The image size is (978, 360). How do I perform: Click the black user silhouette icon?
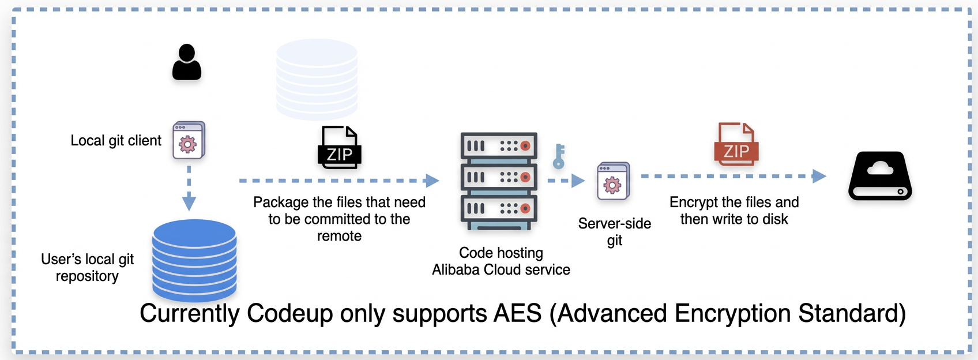pos(187,62)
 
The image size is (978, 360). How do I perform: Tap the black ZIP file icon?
pos(339,147)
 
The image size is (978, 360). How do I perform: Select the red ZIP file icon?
pos(736,144)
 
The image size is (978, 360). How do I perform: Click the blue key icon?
pos(559,156)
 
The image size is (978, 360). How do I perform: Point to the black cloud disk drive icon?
pos(880,176)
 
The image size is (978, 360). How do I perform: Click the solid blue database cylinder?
pos(194,260)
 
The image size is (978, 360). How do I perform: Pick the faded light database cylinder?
pos(317,79)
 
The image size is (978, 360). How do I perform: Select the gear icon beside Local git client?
pos(189,140)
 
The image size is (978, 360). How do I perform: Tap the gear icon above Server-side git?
pos(614,181)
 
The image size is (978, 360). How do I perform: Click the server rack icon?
pos(499,181)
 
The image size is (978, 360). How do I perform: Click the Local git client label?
pos(116,141)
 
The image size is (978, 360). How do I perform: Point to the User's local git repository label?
pos(87,267)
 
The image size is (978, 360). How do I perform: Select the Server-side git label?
pos(614,232)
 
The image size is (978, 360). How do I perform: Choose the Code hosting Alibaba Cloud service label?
pos(501,261)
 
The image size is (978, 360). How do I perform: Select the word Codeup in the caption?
pos(289,314)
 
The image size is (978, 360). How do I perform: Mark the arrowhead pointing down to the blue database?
pos(189,203)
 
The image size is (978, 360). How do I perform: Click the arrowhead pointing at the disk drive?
pos(819,176)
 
